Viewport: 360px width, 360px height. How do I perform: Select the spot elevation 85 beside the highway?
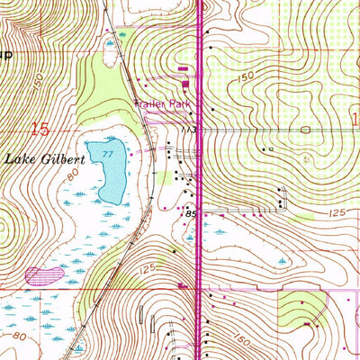click(x=191, y=214)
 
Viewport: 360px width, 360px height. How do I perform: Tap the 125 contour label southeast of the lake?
click(x=149, y=269)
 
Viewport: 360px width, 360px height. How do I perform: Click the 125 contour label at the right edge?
click(x=338, y=211)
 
